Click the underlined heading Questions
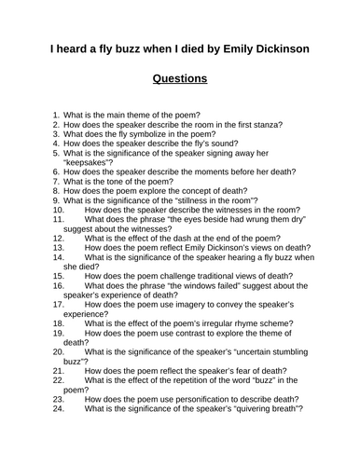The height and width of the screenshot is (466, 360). click(180, 78)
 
